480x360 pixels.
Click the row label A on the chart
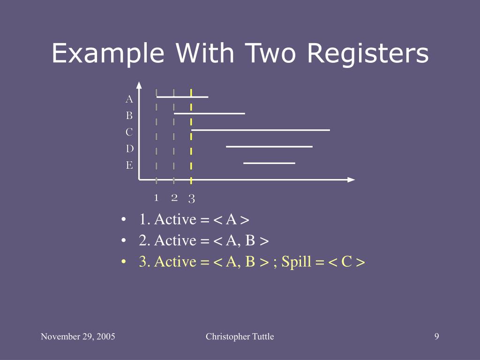coord(129,99)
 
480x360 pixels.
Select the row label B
coord(129,115)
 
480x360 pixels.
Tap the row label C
coord(129,132)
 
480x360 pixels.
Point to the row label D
coord(129,149)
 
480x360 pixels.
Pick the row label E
coord(129,165)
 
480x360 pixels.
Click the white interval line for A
coord(182,97)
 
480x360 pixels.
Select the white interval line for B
coord(209,113)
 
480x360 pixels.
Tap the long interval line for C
coord(261,130)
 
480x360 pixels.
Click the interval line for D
coord(269,146)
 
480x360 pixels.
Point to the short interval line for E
coord(269,163)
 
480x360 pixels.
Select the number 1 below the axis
coord(157,197)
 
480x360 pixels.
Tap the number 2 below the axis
coord(174,197)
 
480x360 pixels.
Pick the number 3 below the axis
coord(191,199)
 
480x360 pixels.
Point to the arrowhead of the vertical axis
coord(139,85)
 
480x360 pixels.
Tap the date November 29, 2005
coord(78,336)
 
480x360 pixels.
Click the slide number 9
coord(436,336)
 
